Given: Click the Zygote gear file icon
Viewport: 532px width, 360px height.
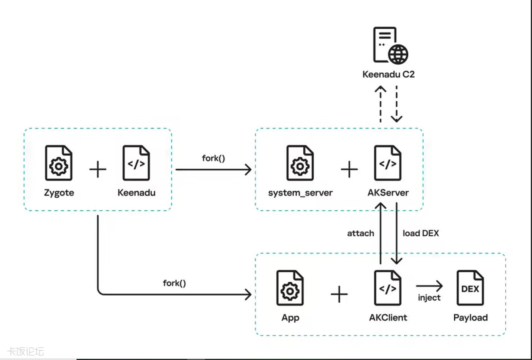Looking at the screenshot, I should pyautogui.click(x=59, y=163).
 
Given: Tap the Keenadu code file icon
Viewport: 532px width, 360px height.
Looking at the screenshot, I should pyautogui.click(x=136, y=163).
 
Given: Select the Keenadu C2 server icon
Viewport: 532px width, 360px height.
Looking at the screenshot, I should pyautogui.click(x=390, y=46).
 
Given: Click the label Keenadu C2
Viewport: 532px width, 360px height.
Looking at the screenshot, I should pyautogui.click(x=389, y=74).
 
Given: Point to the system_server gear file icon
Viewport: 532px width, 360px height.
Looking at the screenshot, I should pyautogui.click(x=300, y=163).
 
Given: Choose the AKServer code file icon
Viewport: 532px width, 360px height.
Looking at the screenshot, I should pyautogui.click(x=388, y=163).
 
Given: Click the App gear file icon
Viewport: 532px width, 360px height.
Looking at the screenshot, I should pyautogui.click(x=290, y=288).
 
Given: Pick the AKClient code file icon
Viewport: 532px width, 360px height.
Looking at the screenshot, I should pyautogui.click(x=388, y=288).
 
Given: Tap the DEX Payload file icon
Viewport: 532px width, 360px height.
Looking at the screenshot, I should pyautogui.click(x=470, y=288).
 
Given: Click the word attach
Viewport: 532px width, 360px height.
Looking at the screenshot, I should pyautogui.click(x=361, y=233).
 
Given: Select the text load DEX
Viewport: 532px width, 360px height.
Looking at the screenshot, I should pyautogui.click(x=421, y=233).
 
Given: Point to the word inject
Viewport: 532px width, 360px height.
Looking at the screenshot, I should pyautogui.click(x=429, y=298).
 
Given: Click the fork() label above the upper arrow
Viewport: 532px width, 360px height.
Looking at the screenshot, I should pyautogui.click(x=213, y=158).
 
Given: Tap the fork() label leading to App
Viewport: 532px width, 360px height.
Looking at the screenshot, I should pyautogui.click(x=174, y=283).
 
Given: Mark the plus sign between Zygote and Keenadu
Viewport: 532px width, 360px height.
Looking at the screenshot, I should pyautogui.click(x=98, y=169).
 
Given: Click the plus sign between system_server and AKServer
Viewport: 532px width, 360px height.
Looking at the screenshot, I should pyautogui.click(x=349, y=169).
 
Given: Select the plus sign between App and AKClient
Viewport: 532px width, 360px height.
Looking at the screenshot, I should pyautogui.click(x=339, y=294).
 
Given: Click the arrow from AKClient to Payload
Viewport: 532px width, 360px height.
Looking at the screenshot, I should pyautogui.click(x=429, y=286).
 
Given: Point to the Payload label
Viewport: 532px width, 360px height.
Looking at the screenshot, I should pyautogui.click(x=470, y=317).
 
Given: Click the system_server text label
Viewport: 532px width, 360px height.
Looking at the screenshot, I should pyautogui.click(x=300, y=193).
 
